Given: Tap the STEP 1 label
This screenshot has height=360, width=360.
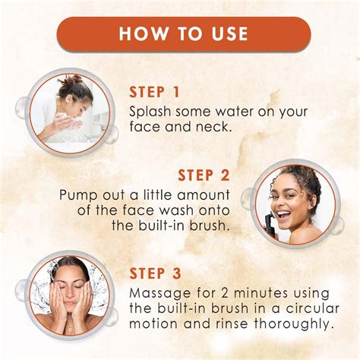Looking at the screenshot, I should tap(154, 92).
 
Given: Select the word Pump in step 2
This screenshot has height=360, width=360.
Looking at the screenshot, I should tap(77, 194).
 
